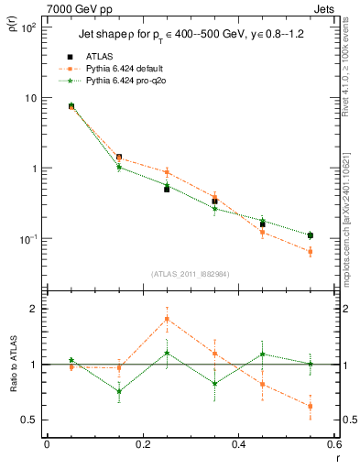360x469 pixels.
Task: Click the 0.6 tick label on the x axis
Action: [333, 444]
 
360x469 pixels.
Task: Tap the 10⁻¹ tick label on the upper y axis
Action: [27, 238]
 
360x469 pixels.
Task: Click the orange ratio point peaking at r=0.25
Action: [167, 320]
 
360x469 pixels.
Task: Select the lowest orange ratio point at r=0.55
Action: [311, 406]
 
